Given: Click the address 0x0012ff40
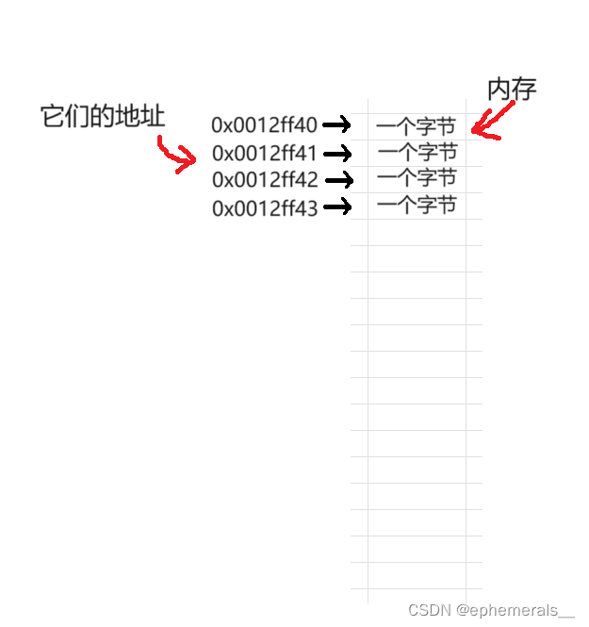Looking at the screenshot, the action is tap(265, 124).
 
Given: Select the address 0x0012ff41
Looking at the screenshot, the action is tap(265, 153).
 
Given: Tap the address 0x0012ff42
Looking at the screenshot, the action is tap(265, 180).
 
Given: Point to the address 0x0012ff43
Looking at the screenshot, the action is tap(265, 208).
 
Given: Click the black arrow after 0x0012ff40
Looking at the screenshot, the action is tap(336, 124).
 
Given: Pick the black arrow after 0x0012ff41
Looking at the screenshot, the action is tap(337, 152).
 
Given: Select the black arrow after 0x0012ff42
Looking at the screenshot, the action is tap(337, 179).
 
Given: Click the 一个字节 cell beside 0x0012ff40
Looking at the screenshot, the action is tap(416, 125).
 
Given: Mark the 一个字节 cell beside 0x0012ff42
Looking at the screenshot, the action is tap(417, 177).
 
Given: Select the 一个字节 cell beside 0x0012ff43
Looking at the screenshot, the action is tap(417, 205).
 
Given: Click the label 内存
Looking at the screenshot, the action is tap(512, 90).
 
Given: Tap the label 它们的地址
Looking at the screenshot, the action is tap(103, 117).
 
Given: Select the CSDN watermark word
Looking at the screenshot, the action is tap(429, 610).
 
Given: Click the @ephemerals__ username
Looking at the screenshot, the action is tap(515, 610).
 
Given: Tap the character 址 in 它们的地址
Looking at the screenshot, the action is tap(151, 117).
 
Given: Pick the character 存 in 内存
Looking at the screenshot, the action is tap(524, 90).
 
